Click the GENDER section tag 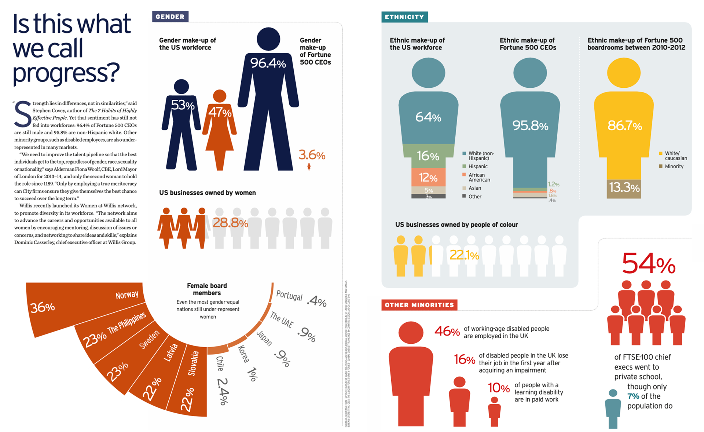point(170,17)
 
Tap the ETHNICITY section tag point(404,17)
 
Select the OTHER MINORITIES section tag point(419,305)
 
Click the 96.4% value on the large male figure point(268,63)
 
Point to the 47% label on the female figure point(220,112)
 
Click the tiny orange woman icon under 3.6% point(309,167)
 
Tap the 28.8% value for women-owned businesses point(230,223)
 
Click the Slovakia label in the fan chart point(193,363)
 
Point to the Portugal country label point(289,296)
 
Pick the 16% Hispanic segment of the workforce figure point(428,156)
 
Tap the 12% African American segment point(428,178)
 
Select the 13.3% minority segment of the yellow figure point(624,188)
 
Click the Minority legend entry point(674,166)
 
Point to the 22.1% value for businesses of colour point(464,255)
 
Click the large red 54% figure point(648,263)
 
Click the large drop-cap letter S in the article point(22,114)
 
